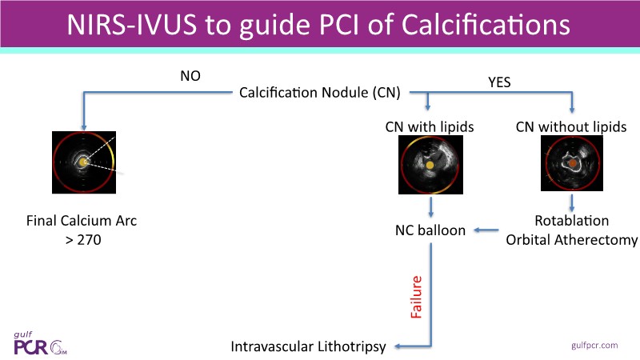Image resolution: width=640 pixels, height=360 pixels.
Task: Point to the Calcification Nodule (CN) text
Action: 320,93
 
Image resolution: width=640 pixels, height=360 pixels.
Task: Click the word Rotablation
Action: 571,221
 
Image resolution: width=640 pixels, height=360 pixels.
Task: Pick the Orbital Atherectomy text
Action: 571,239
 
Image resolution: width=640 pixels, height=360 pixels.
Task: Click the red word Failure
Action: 416,298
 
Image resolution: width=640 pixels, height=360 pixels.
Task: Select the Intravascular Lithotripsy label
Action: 308,346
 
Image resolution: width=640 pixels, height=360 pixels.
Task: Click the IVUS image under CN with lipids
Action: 430,166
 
